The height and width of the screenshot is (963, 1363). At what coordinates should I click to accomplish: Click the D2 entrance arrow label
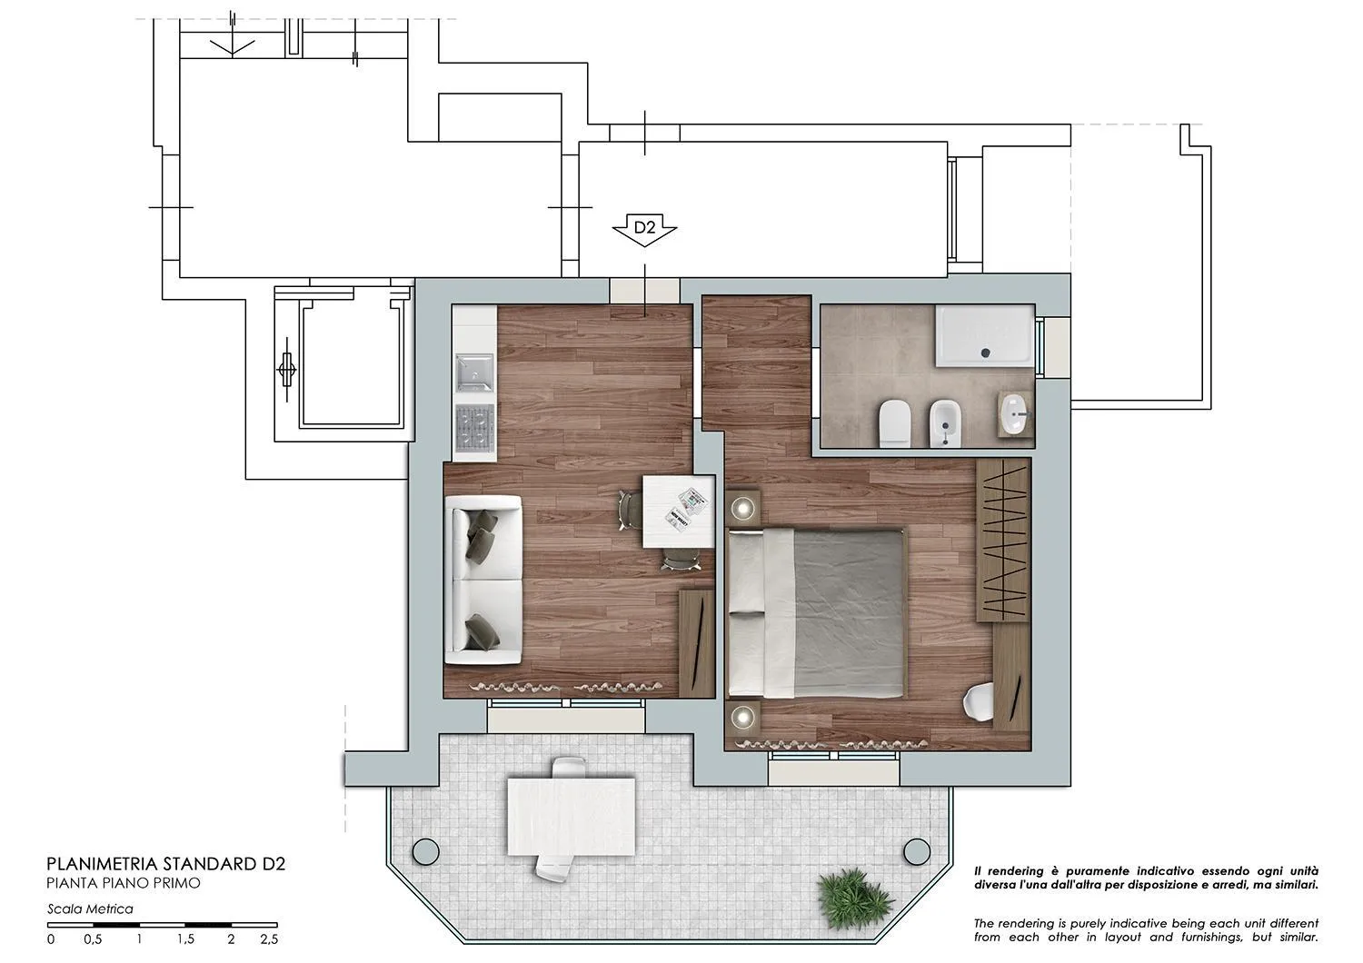click(x=644, y=229)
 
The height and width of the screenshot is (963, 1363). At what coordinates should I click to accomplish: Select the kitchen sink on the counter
click(x=473, y=372)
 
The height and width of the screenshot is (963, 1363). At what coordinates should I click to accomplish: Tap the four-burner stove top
click(x=473, y=430)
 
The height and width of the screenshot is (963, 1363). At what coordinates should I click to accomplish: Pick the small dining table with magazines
click(x=677, y=511)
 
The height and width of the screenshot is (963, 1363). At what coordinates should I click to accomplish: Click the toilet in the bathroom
click(x=895, y=422)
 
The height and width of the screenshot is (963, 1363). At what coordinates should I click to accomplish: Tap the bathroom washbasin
click(x=1017, y=417)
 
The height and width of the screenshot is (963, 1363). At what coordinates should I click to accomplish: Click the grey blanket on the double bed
click(x=850, y=613)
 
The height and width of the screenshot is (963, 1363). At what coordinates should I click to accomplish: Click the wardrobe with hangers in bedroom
click(x=1002, y=541)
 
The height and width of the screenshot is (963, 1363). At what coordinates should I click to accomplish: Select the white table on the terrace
click(x=571, y=815)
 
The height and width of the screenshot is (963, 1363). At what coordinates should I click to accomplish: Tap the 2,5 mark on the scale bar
click(x=268, y=939)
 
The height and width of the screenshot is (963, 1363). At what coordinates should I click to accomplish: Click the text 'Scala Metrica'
click(x=90, y=908)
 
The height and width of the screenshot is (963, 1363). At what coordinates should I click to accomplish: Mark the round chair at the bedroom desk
click(x=978, y=702)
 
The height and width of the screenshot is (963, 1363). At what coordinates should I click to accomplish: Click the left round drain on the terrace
click(x=423, y=851)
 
